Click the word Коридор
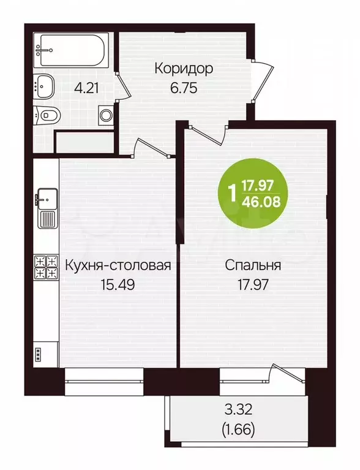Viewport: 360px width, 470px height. coord(184,68)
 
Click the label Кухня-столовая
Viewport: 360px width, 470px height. coord(117,266)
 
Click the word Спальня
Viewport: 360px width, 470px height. coord(253,266)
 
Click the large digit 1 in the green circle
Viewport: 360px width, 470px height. coord(231,193)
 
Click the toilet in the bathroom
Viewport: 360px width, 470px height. coord(48,114)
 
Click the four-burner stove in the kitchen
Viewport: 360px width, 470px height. coord(45,268)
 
